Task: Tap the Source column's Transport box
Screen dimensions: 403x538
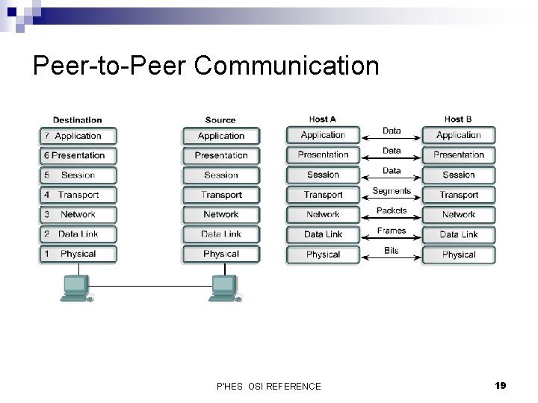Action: click(221, 195)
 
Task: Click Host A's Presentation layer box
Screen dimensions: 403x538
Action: click(323, 155)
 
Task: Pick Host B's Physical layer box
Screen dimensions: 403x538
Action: click(459, 254)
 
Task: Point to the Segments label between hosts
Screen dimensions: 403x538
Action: click(392, 191)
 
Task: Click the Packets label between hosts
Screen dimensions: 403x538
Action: click(392, 211)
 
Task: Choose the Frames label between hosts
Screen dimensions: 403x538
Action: click(392, 231)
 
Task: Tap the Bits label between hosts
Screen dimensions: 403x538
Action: click(392, 251)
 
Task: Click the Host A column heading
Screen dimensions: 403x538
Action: click(323, 119)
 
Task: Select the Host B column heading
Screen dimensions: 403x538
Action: click(458, 119)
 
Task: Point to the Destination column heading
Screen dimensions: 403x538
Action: click(77, 120)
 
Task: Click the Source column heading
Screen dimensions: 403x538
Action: click(220, 120)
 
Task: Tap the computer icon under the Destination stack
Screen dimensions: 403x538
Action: click(75, 288)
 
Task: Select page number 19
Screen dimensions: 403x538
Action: click(500, 385)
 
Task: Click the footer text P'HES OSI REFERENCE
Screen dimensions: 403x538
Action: click(268, 386)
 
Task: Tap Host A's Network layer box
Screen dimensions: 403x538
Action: click(323, 215)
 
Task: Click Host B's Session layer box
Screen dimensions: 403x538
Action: click(459, 175)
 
